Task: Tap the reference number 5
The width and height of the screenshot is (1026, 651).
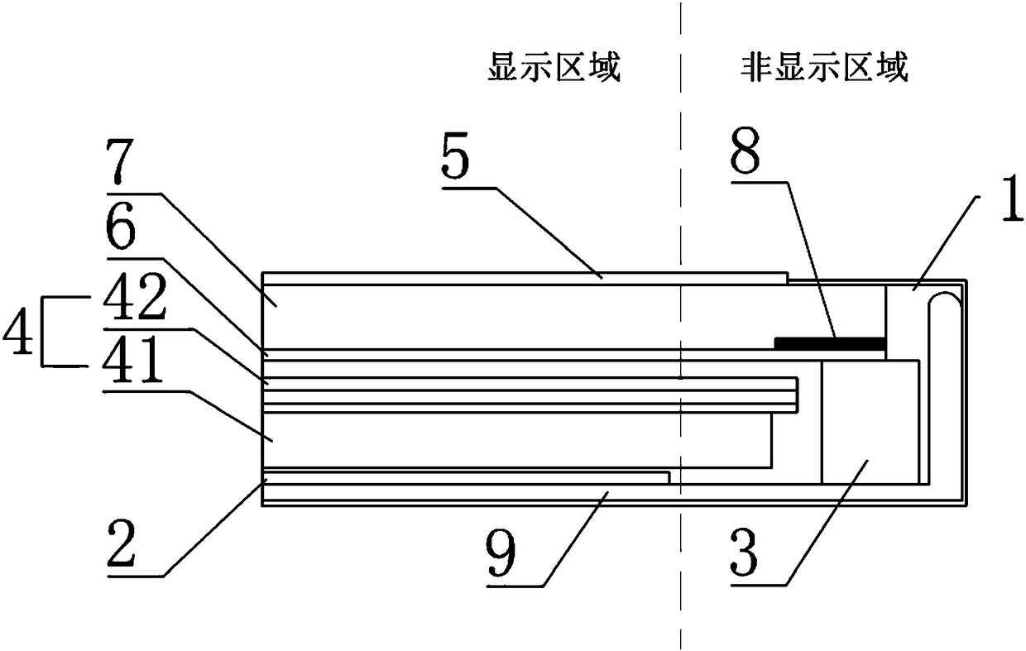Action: pos(458,163)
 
